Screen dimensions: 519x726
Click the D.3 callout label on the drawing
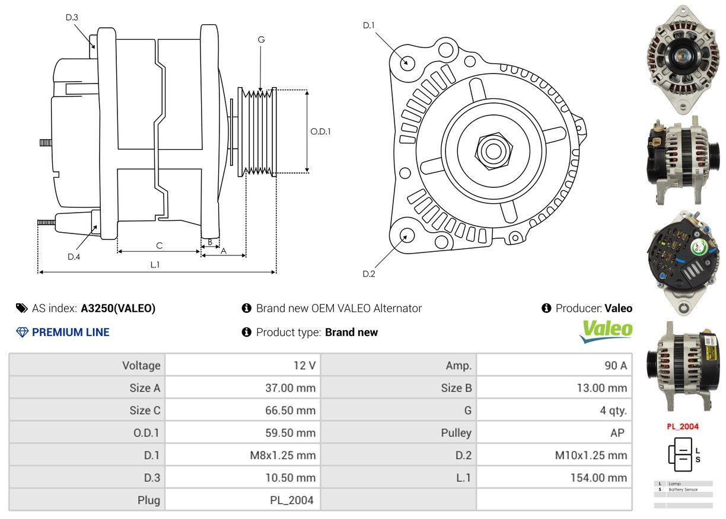point(72,18)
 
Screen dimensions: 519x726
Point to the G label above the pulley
point(261,40)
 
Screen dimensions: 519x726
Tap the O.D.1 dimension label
point(320,132)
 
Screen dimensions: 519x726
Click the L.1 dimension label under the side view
point(155,265)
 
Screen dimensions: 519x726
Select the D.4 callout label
point(74,257)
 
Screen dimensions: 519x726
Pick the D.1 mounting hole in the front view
point(407,62)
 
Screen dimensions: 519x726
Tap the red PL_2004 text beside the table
point(683,426)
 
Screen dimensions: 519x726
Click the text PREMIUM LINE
point(71,332)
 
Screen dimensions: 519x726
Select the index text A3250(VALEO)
point(118,308)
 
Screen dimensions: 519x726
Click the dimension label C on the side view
point(159,245)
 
